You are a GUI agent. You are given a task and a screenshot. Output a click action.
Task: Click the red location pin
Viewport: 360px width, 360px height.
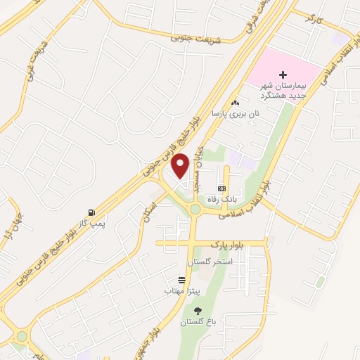[x=181, y=165]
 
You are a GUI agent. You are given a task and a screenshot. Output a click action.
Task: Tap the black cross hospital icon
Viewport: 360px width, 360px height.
[x=283, y=74]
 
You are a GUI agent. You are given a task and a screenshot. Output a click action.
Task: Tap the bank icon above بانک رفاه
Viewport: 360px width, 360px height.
[x=221, y=188]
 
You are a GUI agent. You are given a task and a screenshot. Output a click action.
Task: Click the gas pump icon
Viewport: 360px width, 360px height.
[x=91, y=212]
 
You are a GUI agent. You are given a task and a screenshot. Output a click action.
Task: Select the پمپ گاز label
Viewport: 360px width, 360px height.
[x=91, y=223]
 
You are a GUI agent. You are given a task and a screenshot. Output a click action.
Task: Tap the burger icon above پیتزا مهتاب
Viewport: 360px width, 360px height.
[x=182, y=279]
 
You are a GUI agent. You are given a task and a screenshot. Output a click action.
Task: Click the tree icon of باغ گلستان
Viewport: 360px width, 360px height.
[x=197, y=310]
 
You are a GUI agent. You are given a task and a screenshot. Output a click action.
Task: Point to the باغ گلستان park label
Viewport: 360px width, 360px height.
[x=197, y=321]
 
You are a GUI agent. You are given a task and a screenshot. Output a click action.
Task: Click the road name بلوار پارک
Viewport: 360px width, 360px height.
[x=226, y=243]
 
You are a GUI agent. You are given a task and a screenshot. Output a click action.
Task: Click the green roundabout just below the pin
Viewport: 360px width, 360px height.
[x=193, y=209]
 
